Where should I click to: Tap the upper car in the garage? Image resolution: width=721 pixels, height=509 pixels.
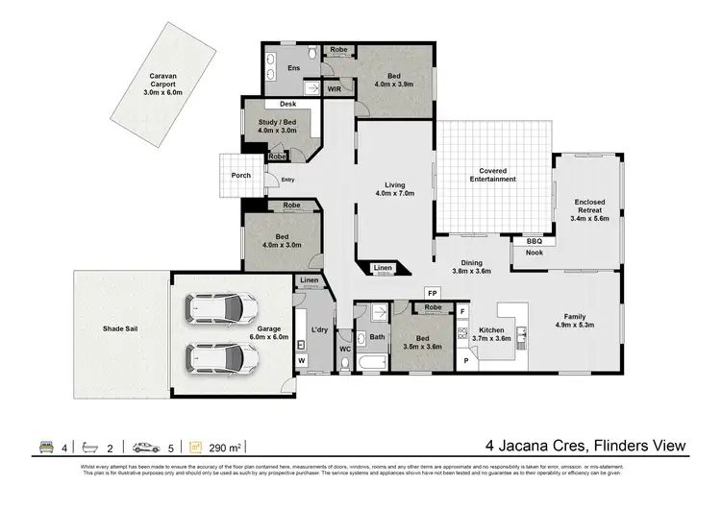222,310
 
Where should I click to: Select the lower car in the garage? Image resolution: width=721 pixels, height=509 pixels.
222,359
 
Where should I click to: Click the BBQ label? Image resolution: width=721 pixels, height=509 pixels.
534,240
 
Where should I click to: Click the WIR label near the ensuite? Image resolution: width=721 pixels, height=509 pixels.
336,88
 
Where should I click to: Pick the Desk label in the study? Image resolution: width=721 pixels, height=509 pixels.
287,104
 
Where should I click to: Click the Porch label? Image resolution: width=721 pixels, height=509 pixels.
240,175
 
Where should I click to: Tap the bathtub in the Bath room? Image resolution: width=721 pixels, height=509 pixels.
370,361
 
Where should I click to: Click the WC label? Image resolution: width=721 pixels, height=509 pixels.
343,362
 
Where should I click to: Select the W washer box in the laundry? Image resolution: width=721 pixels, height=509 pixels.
302,360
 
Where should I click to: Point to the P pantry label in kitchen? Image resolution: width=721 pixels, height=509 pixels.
465,360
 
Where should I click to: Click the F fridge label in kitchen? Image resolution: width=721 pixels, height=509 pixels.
462,312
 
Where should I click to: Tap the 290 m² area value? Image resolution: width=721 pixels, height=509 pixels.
228,447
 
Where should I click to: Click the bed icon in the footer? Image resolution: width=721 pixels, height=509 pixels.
44,447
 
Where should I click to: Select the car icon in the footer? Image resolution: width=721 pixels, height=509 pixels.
146,447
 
